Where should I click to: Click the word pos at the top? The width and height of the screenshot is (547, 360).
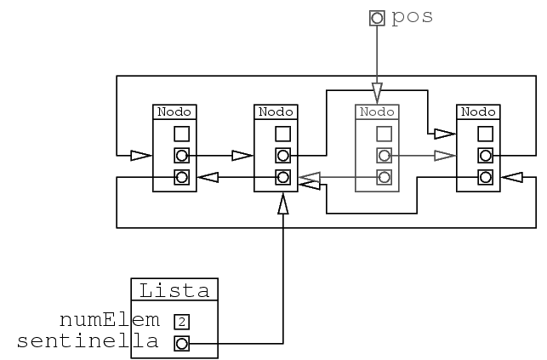click(x=413, y=17)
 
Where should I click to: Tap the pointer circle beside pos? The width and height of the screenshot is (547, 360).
click(x=376, y=17)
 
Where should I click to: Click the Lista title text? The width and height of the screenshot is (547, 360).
click(x=174, y=290)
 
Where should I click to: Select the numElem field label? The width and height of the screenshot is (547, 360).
click(x=110, y=320)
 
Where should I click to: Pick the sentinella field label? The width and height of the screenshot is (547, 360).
click(x=88, y=343)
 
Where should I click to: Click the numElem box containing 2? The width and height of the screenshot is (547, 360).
click(x=181, y=322)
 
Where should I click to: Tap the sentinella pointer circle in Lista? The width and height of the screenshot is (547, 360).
click(x=181, y=344)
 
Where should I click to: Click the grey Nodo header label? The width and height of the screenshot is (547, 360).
click(x=376, y=111)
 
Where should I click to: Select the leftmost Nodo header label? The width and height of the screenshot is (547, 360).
click(x=174, y=111)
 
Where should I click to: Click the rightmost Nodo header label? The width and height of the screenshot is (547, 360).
click(x=477, y=111)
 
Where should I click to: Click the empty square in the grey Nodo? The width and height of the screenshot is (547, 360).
click(x=384, y=134)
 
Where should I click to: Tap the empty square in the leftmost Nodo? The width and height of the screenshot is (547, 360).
click(x=181, y=134)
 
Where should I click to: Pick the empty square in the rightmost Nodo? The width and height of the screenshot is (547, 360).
click(x=485, y=134)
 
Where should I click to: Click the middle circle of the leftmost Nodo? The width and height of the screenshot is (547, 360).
click(x=181, y=156)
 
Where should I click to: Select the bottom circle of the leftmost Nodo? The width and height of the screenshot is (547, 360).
click(x=181, y=177)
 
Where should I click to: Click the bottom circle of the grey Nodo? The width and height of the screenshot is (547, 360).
click(x=384, y=177)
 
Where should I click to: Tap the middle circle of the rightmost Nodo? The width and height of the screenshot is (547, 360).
click(x=485, y=156)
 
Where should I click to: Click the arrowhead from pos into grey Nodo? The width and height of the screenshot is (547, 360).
click(x=376, y=93)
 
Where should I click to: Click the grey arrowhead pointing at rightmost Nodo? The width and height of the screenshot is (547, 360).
click(x=443, y=156)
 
